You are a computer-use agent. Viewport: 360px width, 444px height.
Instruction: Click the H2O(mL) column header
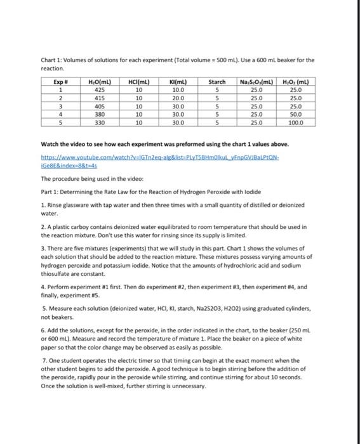click(100, 83)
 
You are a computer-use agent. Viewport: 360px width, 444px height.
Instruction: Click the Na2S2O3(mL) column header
click(257, 83)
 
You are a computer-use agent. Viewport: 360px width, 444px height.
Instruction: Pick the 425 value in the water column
click(100, 91)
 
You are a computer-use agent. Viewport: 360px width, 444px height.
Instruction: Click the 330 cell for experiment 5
click(100, 123)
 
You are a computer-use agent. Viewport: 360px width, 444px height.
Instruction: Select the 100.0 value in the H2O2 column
click(296, 123)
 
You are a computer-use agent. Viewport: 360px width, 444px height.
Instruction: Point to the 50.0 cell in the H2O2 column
click(296, 115)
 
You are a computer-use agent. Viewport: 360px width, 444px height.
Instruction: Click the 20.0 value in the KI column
click(178, 99)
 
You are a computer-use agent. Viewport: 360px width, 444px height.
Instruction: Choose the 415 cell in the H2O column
click(100, 99)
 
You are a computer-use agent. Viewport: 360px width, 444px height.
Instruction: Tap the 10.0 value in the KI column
click(178, 91)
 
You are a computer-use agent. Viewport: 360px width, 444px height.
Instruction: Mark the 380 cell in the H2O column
click(100, 115)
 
